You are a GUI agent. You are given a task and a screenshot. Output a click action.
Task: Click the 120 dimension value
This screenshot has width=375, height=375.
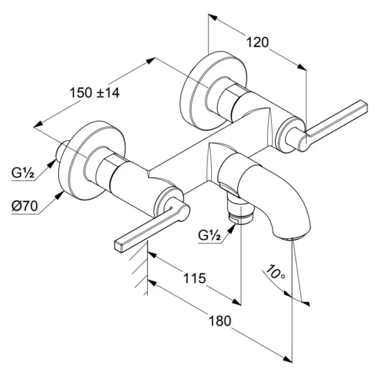pos(257,43)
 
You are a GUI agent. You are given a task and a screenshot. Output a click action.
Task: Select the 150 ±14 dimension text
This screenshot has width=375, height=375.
pos(94,92)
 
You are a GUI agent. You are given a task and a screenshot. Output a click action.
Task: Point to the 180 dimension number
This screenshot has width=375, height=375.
pos(219,320)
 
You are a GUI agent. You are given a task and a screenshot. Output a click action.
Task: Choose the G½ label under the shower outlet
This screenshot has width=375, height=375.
pos(210,235)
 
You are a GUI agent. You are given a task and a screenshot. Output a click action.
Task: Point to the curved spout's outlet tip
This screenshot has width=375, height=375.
pos(292,237)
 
